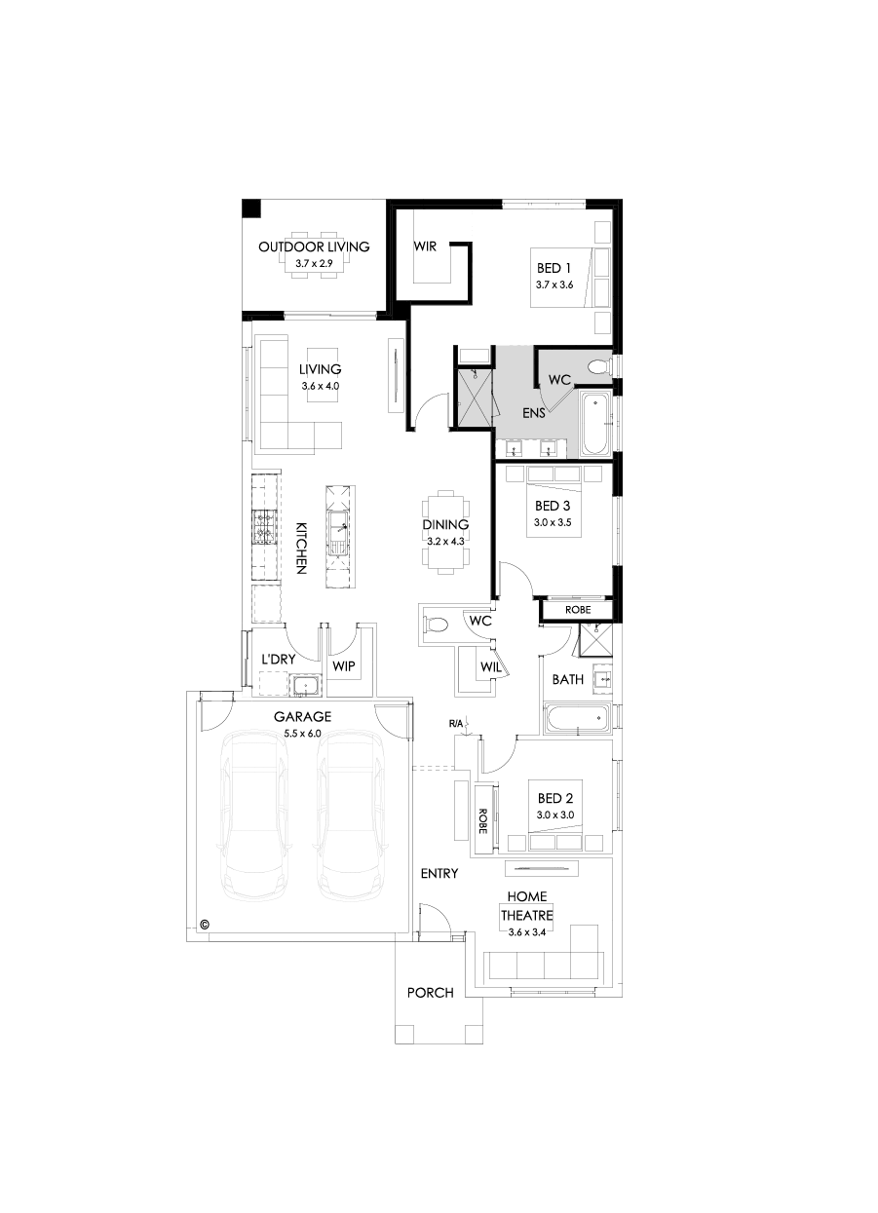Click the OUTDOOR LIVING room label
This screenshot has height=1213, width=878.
coord(314,246)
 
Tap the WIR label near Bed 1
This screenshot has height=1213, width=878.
coord(425,246)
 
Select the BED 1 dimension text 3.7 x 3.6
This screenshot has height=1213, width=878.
coord(554,284)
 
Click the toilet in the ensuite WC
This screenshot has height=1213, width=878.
coord(596,366)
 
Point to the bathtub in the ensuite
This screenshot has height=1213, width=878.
coord(594,424)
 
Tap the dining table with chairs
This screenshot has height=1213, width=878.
coord(445,532)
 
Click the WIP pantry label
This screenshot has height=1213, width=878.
coord(342,666)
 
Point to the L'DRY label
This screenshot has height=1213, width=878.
coord(278,660)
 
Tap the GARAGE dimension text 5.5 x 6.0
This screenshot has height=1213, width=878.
coord(302,733)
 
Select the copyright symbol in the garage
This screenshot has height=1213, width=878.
coord(205,924)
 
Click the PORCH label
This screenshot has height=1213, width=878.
coord(430,993)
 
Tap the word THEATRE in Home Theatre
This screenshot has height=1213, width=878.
coord(526,916)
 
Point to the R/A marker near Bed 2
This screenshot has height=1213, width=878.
coord(456,724)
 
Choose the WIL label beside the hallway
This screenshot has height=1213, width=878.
coord(490,667)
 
